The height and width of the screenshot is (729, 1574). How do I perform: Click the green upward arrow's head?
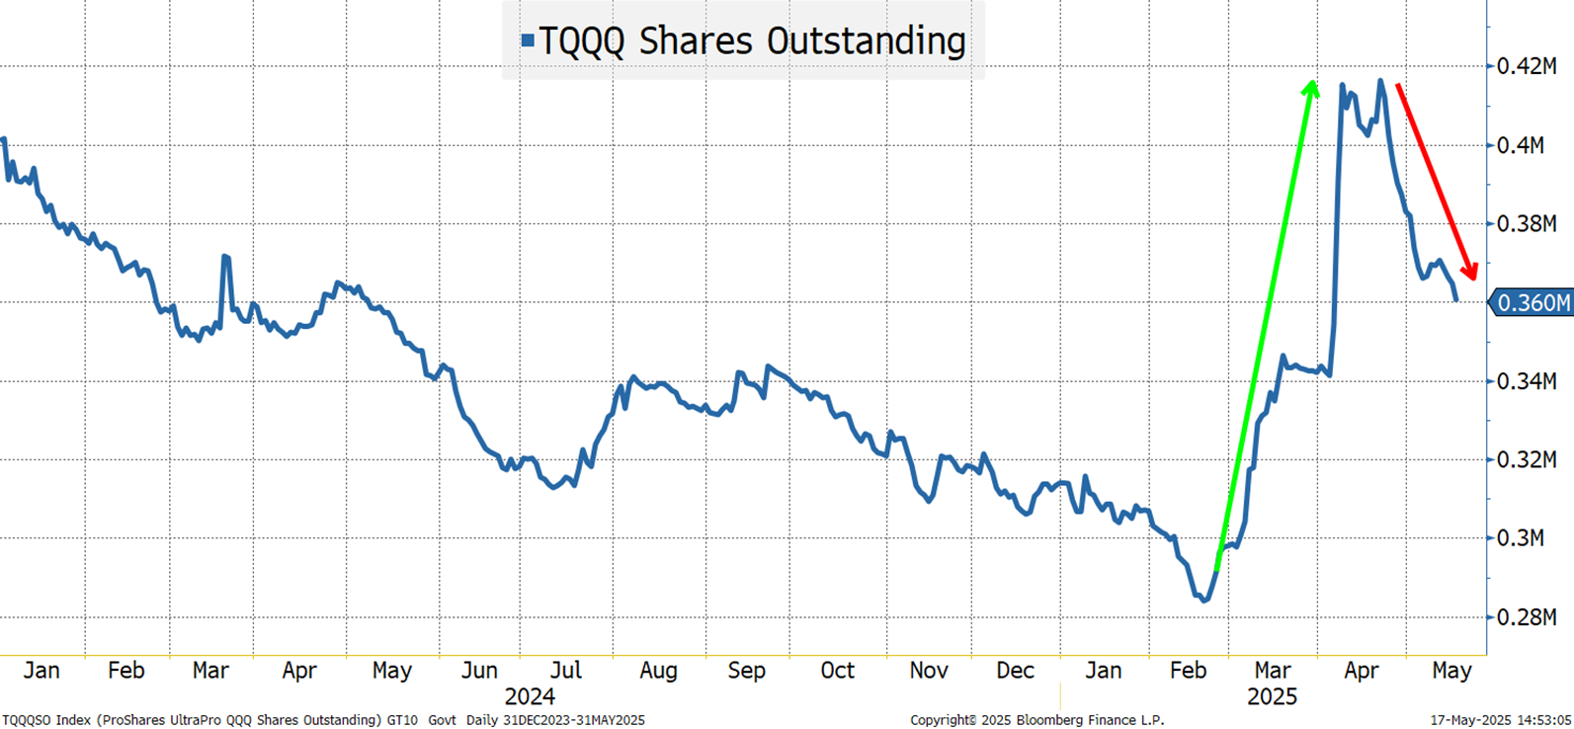(x=1311, y=89)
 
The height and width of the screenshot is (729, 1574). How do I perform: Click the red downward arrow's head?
(x=1469, y=270)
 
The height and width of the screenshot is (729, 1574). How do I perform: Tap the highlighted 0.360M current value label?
(x=1533, y=303)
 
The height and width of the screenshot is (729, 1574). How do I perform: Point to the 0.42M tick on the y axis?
(x=1527, y=66)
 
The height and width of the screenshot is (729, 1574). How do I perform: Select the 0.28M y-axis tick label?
(x=1527, y=617)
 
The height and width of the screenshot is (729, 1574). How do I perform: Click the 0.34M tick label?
(x=1527, y=381)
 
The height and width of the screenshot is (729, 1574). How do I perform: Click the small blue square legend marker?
(x=528, y=41)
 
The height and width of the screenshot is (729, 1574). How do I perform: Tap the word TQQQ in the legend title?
(x=582, y=41)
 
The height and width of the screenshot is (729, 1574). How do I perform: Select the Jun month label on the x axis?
(x=479, y=671)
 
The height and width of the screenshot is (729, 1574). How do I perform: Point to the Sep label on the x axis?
(x=746, y=671)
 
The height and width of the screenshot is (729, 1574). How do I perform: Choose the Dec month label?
(x=1015, y=671)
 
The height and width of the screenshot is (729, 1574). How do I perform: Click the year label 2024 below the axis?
(x=530, y=696)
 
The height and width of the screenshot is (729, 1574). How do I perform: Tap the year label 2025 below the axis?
(x=1272, y=696)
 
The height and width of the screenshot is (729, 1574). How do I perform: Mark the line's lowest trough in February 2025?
(x=1203, y=600)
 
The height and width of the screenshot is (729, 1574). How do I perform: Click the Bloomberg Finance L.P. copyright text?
(x=1037, y=720)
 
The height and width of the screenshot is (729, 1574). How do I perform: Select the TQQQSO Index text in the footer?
(x=44, y=720)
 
